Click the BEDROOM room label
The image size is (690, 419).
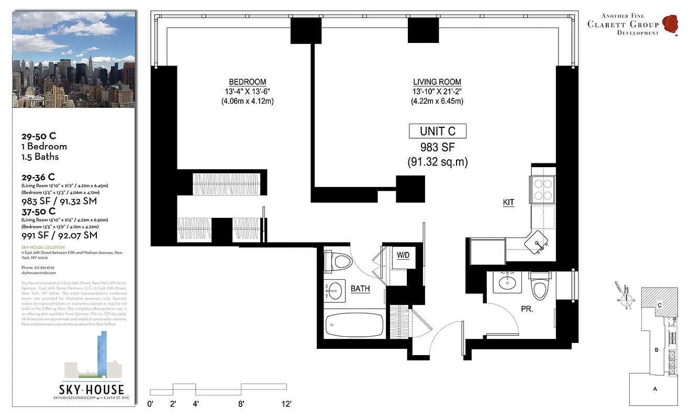[x=247, y=82]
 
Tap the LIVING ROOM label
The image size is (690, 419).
[x=437, y=82]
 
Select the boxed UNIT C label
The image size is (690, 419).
[x=437, y=131]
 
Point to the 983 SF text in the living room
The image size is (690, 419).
[x=437, y=147]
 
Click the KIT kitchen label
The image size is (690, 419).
[x=508, y=203]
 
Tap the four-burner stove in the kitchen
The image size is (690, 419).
[x=543, y=189]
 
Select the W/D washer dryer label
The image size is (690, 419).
[x=403, y=256]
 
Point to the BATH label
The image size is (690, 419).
[x=360, y=289]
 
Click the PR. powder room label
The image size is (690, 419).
[x=526, y=310]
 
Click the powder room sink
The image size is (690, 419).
[x=507, y=283]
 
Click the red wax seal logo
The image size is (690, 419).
[x=670, y=24]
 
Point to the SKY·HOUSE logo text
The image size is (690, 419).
[x=92, y=389]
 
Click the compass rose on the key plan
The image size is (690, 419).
[x=626, y=300]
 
